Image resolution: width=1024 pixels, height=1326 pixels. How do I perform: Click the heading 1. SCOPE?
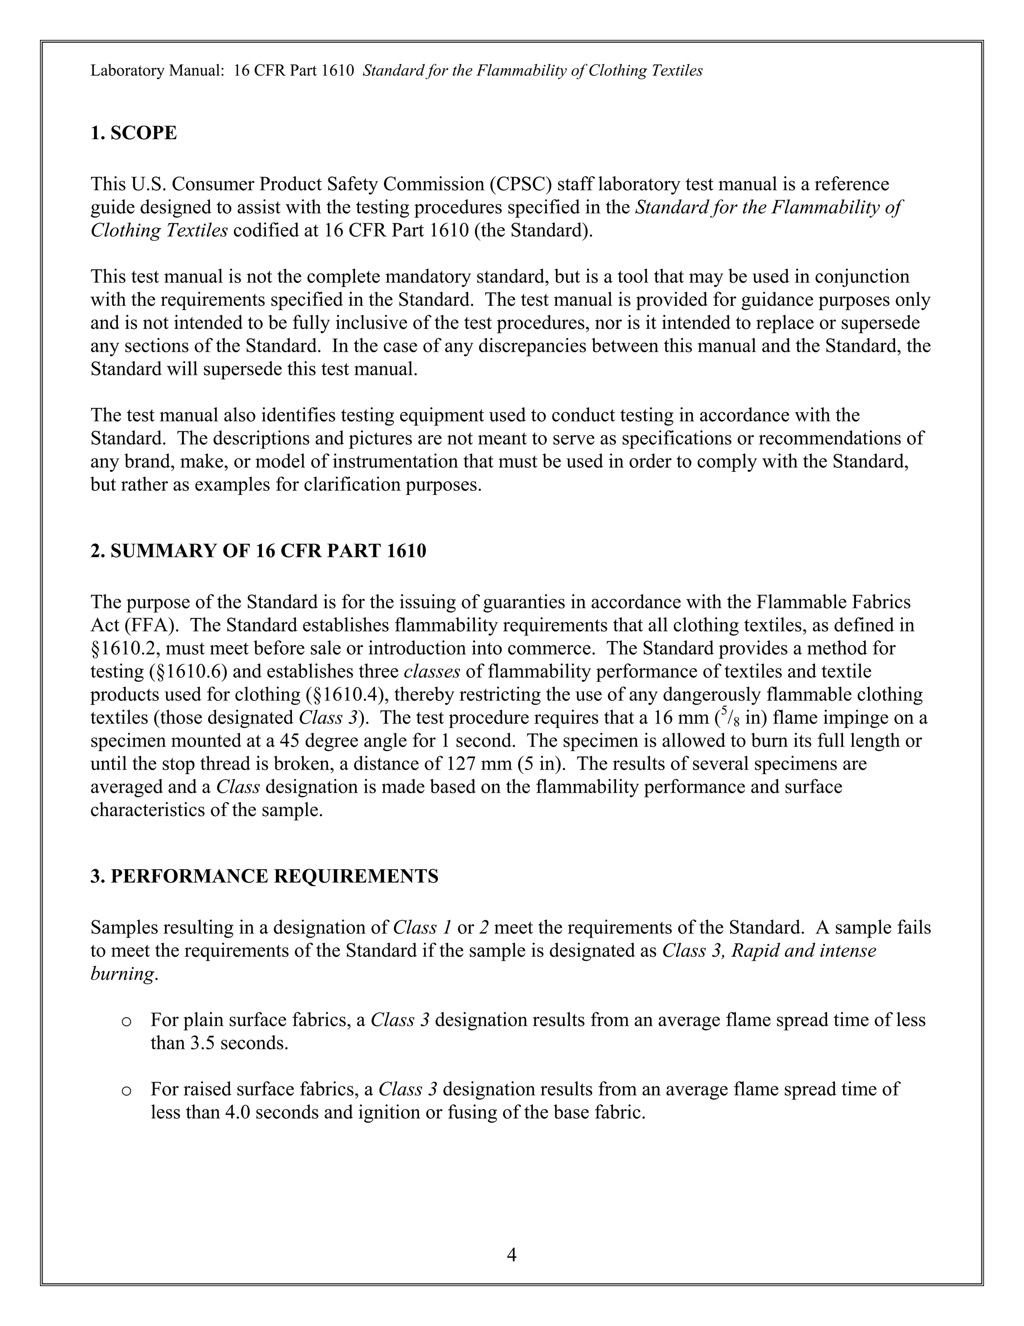click(x=133, y=133)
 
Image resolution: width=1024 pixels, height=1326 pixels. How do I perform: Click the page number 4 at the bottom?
click(x=511, y=1254)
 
